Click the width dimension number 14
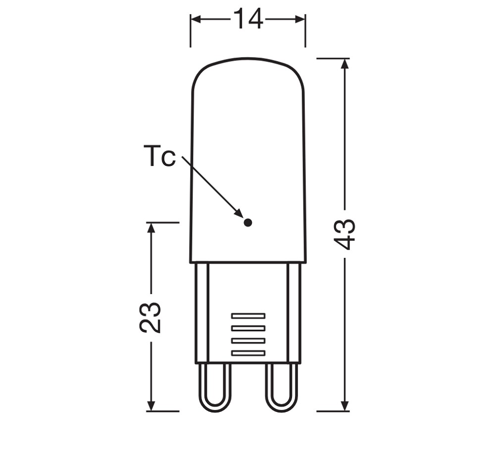(248, 19)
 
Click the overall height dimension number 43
(345, 234)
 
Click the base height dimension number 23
(150, 317)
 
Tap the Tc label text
(159, 155)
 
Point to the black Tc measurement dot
(248, 223)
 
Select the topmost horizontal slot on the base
(248, 316)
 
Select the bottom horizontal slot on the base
(248, 353)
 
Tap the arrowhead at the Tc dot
(239, 213)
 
